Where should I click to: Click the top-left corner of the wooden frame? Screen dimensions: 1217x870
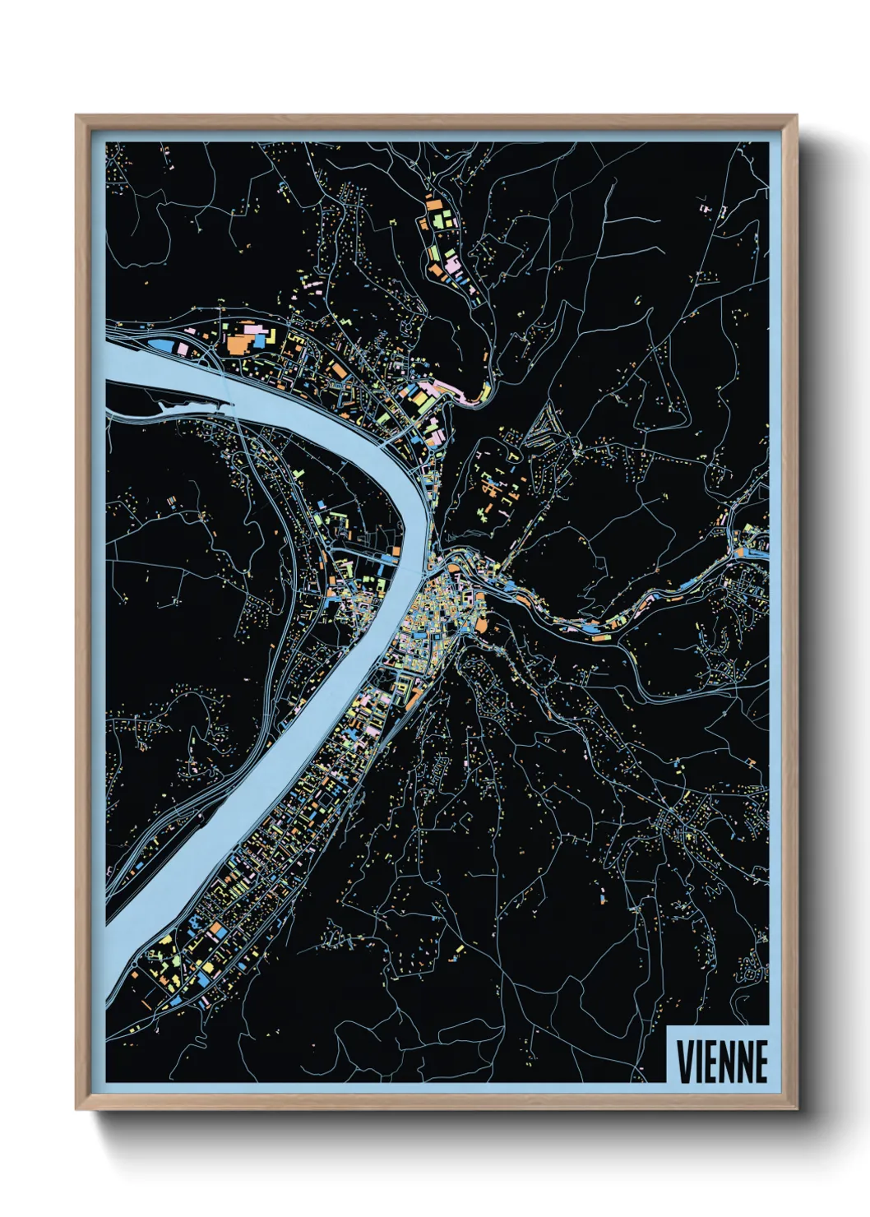point(76,116)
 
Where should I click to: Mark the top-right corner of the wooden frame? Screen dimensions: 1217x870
point(796,116)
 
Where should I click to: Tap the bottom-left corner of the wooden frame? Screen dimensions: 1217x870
point(76,1108)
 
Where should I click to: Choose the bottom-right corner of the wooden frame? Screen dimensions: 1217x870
point(796,1108)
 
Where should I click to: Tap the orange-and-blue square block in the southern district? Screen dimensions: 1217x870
point(217,931)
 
